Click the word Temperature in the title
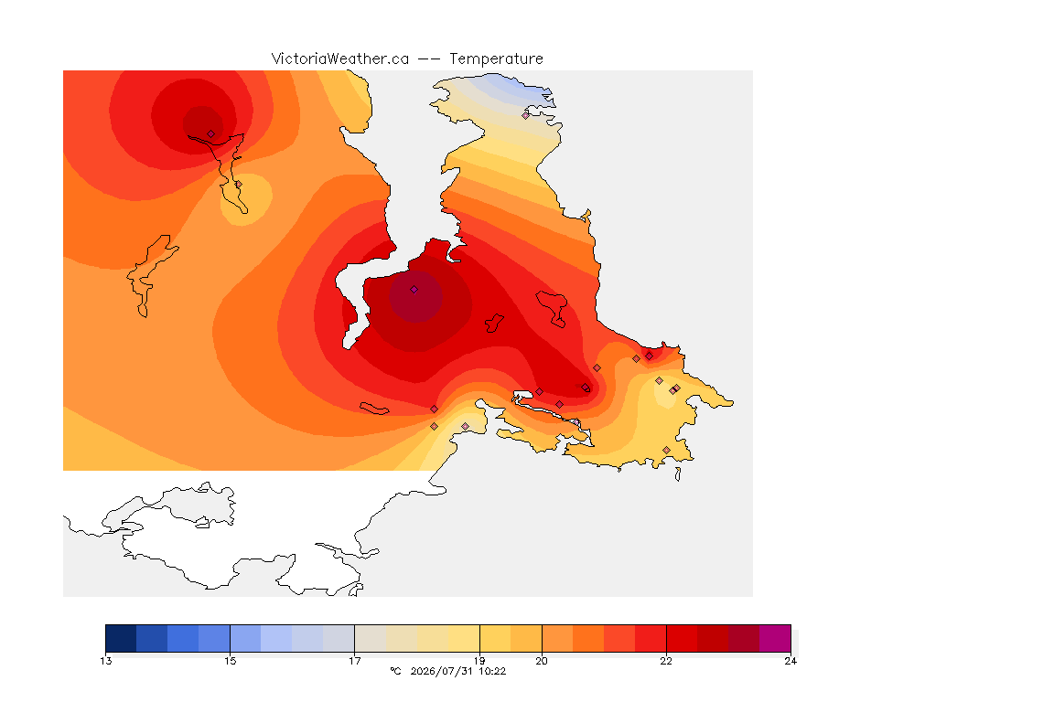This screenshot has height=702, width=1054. [x=496, y=59]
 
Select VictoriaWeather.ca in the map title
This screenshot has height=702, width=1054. [x=340, y=59]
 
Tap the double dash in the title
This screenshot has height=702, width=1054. [x=429, y=59]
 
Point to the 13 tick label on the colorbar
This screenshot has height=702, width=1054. [x=106, y=661]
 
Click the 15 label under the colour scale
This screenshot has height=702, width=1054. [x=231, y=661]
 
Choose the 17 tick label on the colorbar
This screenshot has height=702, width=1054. [x=355, y=661]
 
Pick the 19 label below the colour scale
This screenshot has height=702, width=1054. [x=479, y=661]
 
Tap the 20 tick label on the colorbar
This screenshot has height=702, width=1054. [x=542, y=661]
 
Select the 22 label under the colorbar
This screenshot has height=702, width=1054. [x=666, y=661]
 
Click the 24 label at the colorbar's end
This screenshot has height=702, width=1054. [x=790, y=661]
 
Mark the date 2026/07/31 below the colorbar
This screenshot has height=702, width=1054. [x=442, y=671]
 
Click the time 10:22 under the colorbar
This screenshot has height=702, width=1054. [x=492, y=671]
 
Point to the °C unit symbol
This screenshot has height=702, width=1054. [x=395, y=671]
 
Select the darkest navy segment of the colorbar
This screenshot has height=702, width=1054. [x=121, y=638]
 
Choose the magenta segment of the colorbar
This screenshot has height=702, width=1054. [x=775, y=638]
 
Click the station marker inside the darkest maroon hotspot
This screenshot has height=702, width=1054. [x=414, y=290]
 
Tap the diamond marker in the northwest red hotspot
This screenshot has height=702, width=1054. [x=211, y=134]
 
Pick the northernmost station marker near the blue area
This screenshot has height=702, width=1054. [x=526, y=115]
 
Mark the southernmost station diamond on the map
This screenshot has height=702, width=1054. [x=666, y=450]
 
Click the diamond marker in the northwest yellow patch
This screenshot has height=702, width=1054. [x=238, y=184]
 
